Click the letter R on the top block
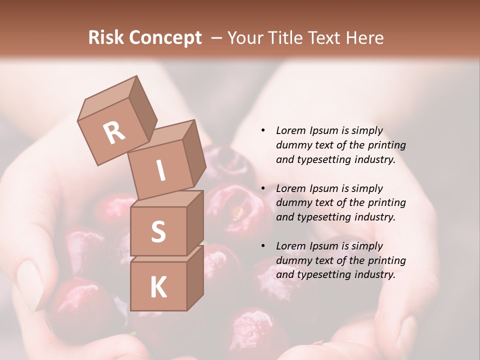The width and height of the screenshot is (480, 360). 114,133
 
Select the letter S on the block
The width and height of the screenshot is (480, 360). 158,231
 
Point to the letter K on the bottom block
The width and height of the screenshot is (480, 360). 158,287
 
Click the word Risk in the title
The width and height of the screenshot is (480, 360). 105,37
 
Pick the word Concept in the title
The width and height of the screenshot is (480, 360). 164,37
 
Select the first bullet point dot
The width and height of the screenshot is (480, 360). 263,131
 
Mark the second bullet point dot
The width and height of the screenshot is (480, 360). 263,189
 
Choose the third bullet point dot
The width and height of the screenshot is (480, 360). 263,246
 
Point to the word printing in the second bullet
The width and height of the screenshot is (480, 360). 386,202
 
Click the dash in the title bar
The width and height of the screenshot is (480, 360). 217,37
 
